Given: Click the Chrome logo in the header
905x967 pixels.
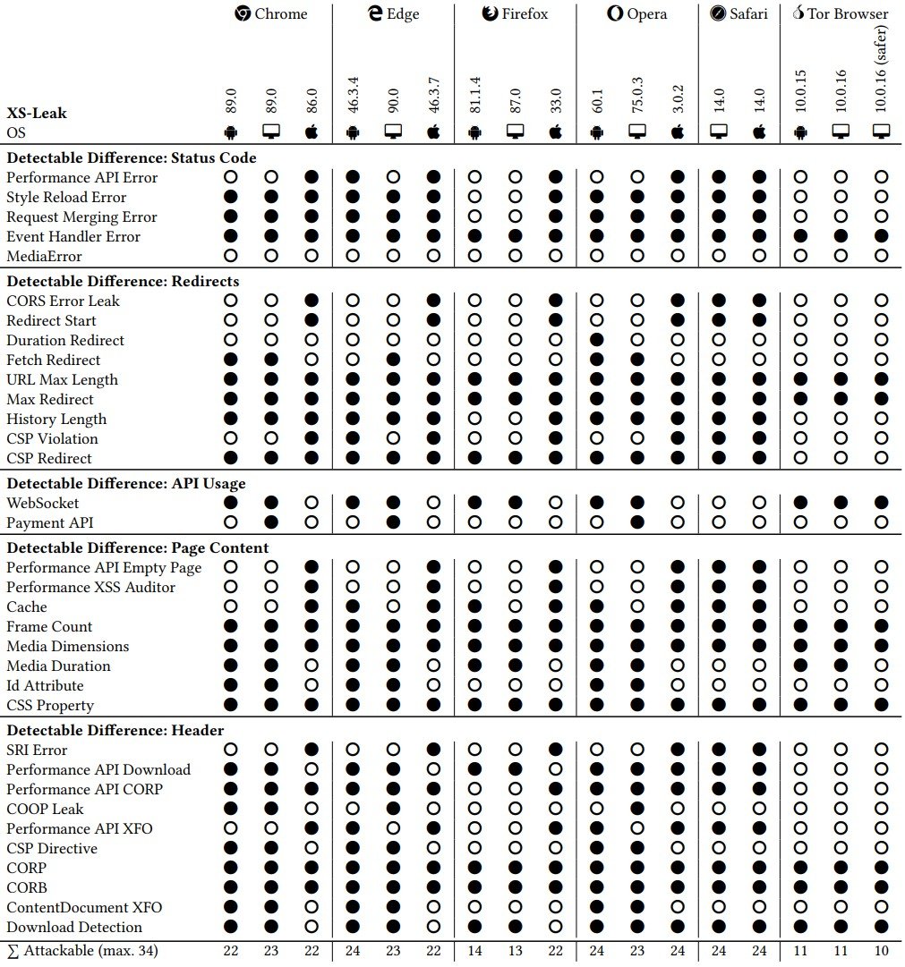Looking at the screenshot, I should pos(243,13).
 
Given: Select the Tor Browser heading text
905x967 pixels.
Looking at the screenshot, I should pos(849,13).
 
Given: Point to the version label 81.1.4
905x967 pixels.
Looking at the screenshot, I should pos(475,94).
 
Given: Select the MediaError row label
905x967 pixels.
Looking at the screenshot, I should pos(45,257).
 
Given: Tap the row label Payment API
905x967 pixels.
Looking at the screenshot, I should pos(50,523).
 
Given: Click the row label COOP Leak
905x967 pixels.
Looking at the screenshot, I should pos(45,810).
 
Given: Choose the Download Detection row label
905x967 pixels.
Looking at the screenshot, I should pos(74,928).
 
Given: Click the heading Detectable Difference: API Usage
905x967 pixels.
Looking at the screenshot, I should pos(126,484).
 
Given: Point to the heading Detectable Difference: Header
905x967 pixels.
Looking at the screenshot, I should pos(115,731).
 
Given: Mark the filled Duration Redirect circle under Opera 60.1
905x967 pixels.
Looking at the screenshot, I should pos(597,341).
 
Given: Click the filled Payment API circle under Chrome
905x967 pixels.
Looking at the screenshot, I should pos(271,523).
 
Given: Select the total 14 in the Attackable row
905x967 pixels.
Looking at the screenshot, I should pos(475,951).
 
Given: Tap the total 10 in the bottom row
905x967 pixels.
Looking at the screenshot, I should pos(881,951).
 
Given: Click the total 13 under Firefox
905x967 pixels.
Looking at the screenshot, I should pos(516,951).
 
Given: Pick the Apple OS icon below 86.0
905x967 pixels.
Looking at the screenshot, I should pos(312,132).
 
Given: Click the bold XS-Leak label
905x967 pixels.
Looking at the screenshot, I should pos(37,114).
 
